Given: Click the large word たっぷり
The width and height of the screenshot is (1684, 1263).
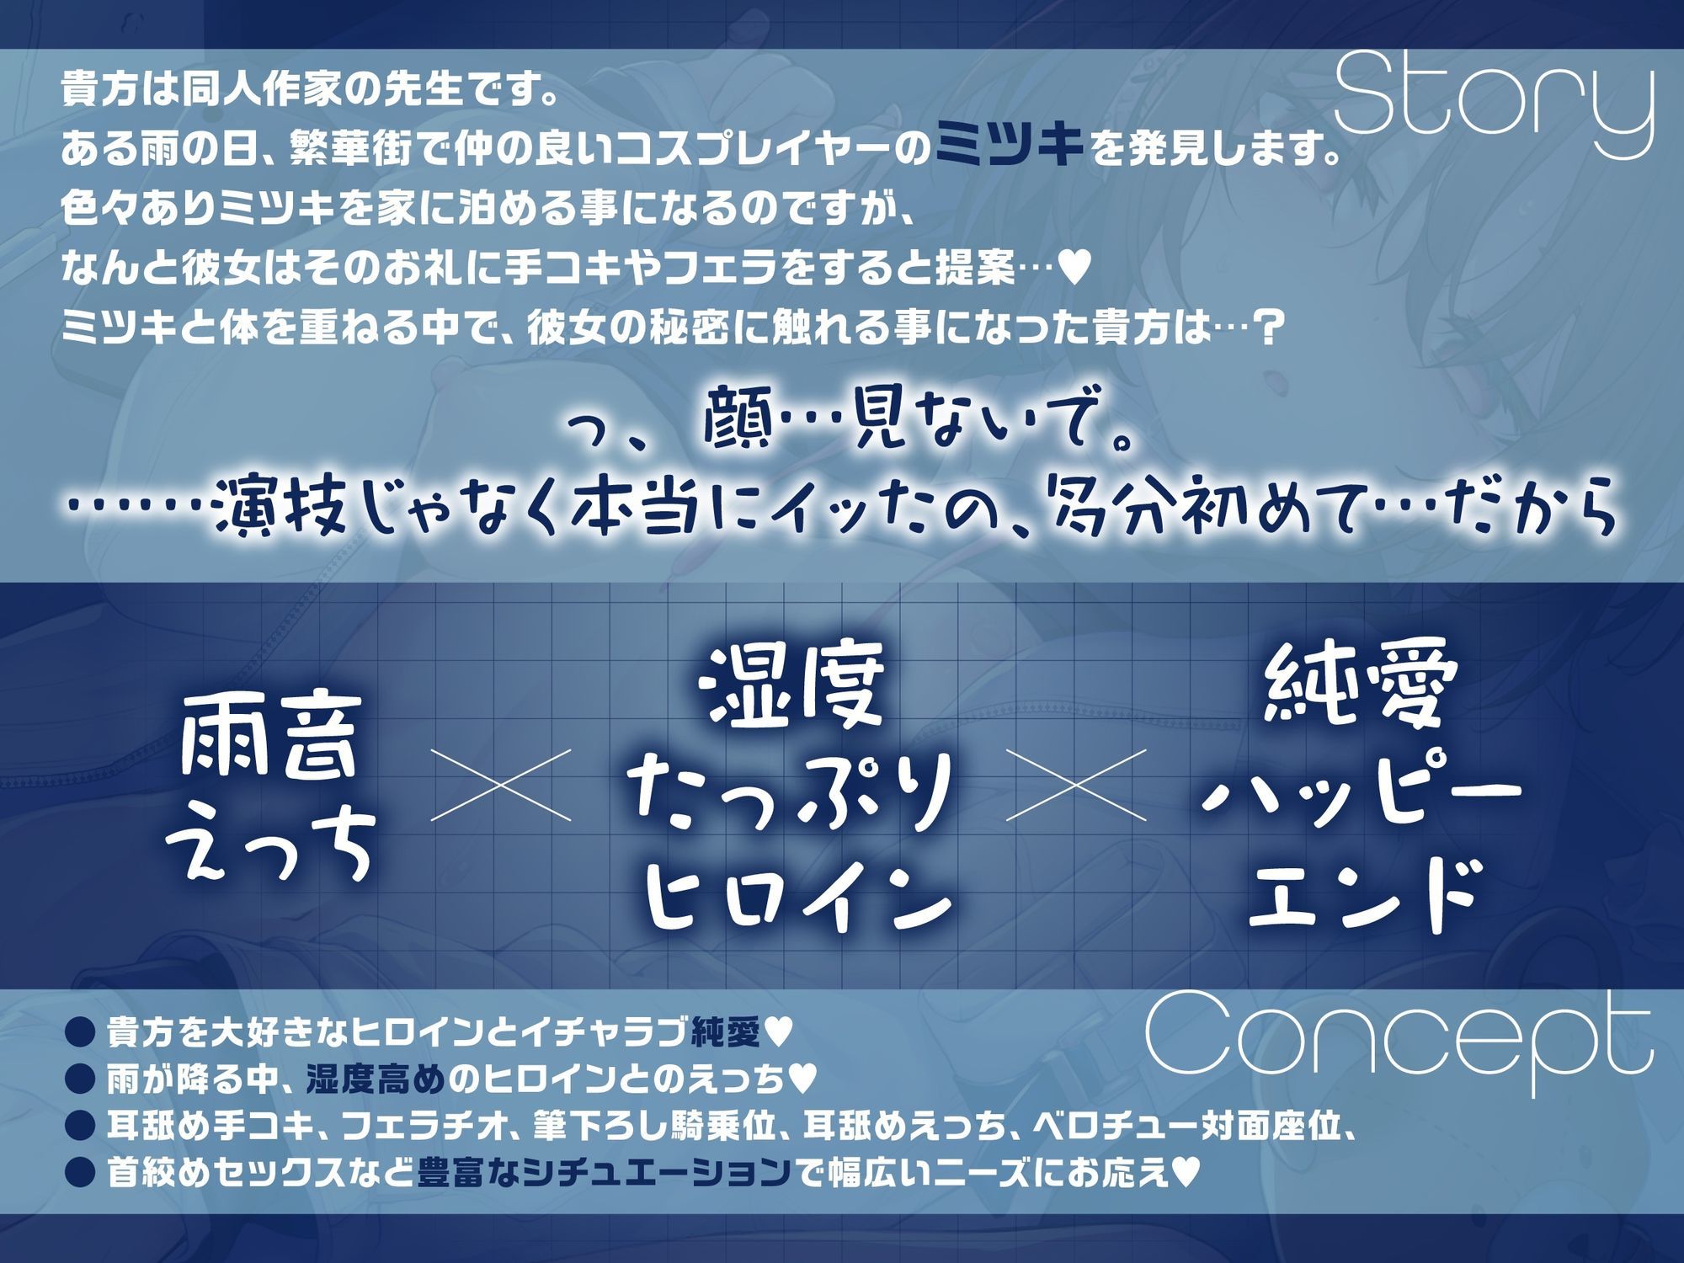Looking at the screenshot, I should pos(796,796).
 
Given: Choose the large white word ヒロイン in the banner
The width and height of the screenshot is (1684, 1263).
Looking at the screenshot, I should pos(796,899).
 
